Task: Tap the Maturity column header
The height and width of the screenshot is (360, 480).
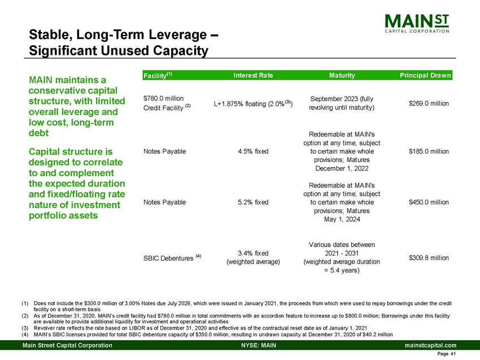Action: point(342,75)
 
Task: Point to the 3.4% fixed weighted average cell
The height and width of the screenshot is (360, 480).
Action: point(253,257)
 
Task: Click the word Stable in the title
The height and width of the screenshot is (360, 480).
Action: point(50,36)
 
